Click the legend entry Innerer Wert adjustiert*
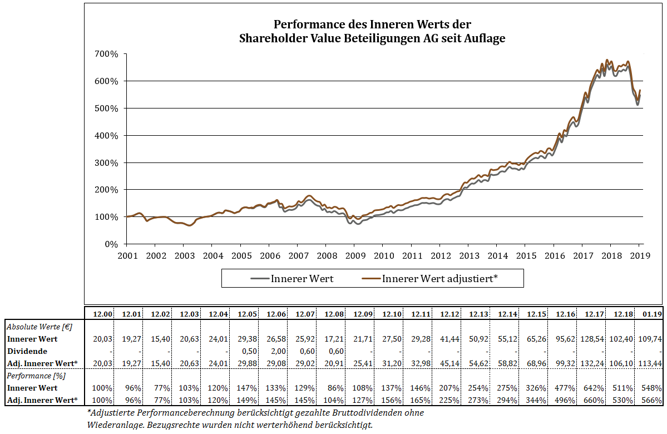point(439,278)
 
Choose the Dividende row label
point(27,351)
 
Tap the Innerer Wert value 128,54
point(592,338)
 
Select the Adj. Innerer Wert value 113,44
point(650,363)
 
